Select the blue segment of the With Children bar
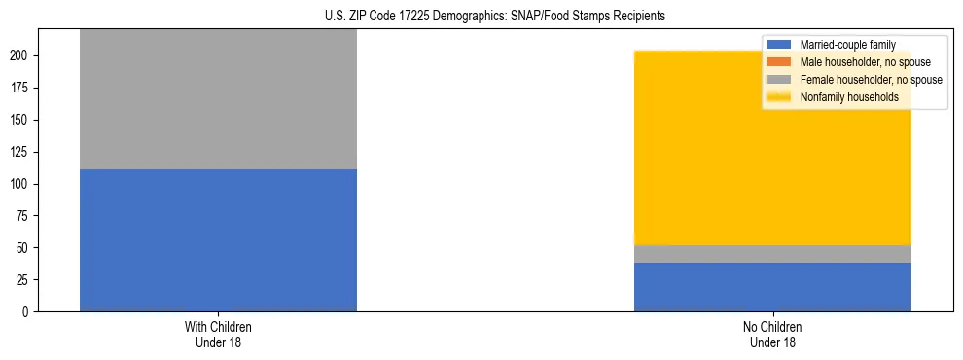(218, 240)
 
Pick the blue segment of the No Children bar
(772, 287)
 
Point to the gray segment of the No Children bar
(772, 254)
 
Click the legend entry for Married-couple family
(847, 45)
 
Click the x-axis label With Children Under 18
(218, 334)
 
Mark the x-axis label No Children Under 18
(772, 334)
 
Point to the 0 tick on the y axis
(26, 312)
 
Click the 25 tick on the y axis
(23, 280)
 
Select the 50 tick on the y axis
(23, 248)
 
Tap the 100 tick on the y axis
(20, 184)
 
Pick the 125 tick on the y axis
(20, 152)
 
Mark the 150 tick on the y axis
(20, 120)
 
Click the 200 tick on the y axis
(20, 55)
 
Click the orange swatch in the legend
(779, 62)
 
